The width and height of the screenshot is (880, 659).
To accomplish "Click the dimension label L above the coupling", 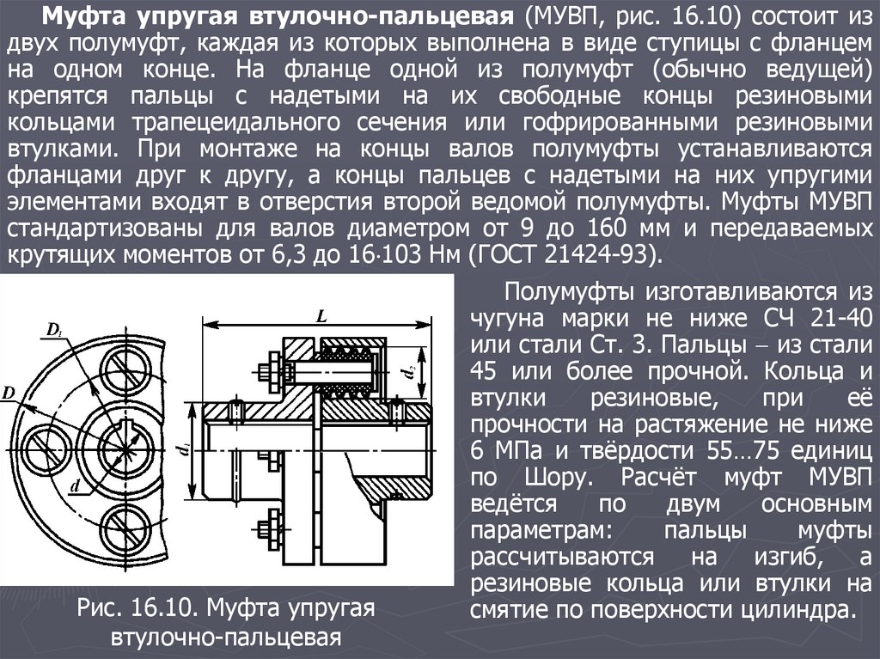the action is [321, 316].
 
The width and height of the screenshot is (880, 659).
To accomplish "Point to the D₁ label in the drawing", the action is [54, 330].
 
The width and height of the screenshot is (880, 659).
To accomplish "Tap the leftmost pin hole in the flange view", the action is [47, 450].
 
